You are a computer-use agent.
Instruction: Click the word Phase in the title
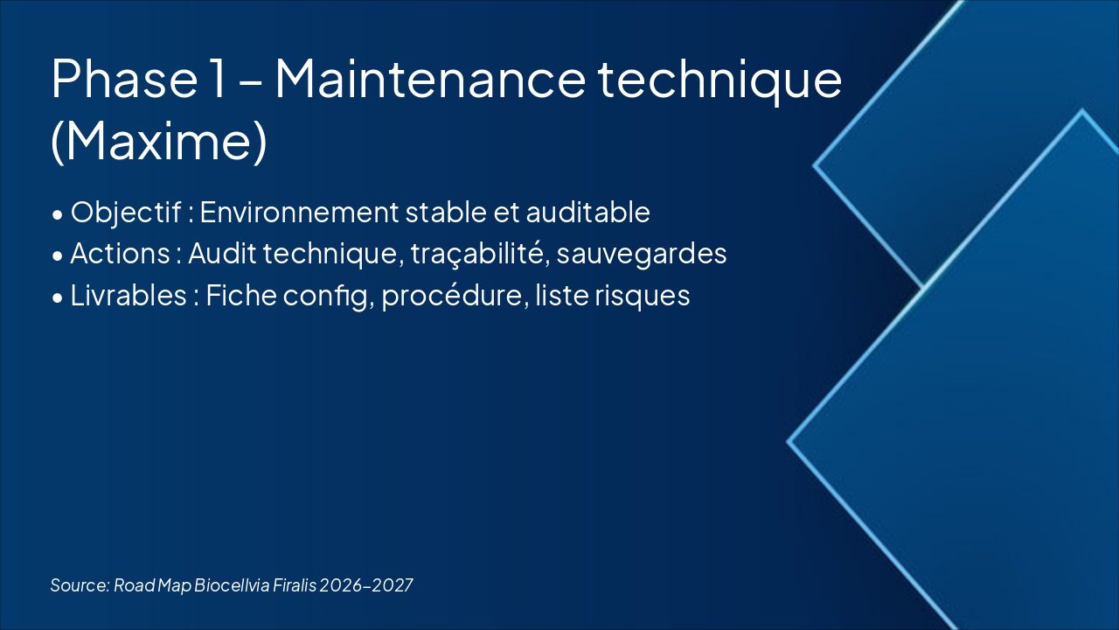point(122,79)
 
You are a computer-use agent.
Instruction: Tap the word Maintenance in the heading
point(429,79)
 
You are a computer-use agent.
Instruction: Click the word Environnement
point(296,213)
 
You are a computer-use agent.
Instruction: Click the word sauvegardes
point(642,254)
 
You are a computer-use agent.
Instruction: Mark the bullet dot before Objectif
point(57,214)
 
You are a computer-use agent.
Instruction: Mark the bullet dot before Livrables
point(57,297)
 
